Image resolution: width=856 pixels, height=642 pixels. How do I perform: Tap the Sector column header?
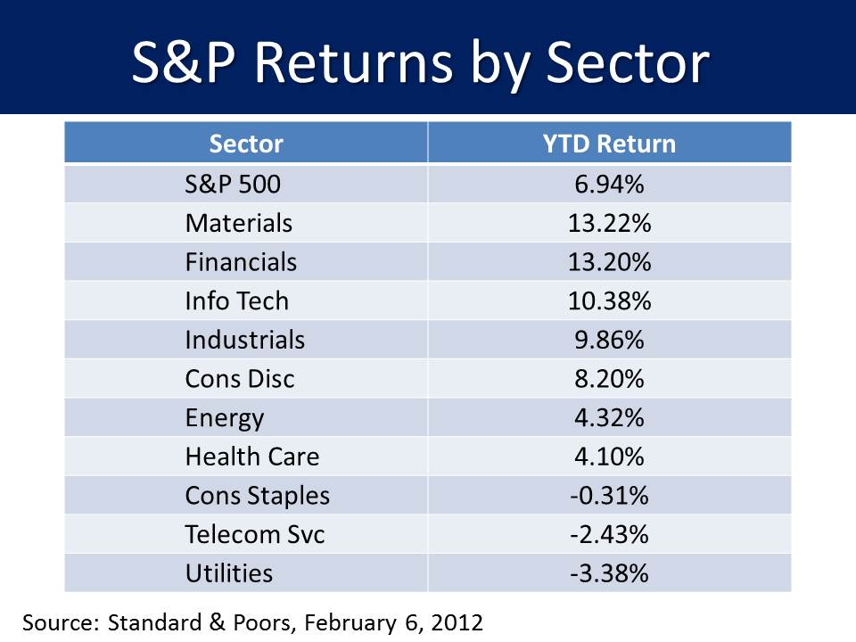click(x=246, y=144)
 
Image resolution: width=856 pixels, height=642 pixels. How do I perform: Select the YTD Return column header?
click(x=610, y=144)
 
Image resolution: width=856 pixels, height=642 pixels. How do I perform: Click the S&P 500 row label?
click(x=233, y=184)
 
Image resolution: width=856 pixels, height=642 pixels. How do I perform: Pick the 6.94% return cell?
click(x=610, y=184)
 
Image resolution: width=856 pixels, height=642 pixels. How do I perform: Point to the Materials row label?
click(x=238, y=223)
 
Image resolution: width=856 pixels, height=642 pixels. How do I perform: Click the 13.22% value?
click(x=610, y=223)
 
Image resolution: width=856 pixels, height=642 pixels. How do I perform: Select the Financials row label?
click(x=241, y=262)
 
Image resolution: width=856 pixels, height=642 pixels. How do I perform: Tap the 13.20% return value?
click(x=610, y=262)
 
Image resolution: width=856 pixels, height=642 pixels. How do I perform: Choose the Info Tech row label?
click(x=237, y=300)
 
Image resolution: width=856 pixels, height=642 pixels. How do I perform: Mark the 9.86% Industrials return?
click(x=610, y=340)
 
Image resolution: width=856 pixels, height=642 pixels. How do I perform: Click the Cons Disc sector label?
click(x=240, y=379)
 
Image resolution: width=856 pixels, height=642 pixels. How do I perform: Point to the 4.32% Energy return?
click(x=610, y=417)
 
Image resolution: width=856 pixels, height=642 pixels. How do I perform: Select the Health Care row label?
click(x=252, y=457)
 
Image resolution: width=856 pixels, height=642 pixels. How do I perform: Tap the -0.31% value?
click(x=610, y=495)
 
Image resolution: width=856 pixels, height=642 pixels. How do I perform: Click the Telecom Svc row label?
click(x=255, y=534)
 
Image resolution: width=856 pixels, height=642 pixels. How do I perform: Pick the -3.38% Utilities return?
click(x=610, y=572)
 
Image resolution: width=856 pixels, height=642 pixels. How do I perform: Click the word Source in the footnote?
click(x=59, y=622)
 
